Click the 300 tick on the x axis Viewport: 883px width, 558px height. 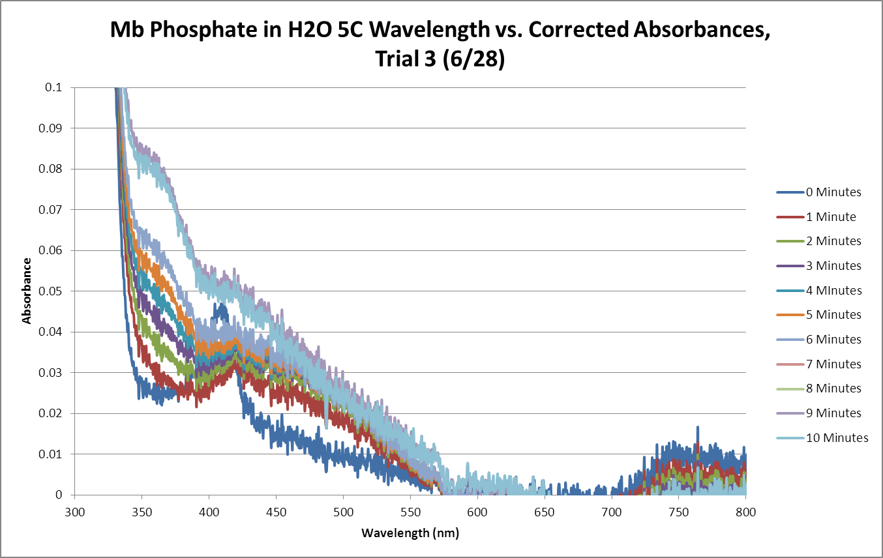(x=75, y=512)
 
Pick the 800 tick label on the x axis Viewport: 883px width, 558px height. (x=745, y=512)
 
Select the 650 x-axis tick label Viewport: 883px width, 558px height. (x=545, y=512)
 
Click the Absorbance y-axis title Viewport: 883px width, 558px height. (x=27, y=291)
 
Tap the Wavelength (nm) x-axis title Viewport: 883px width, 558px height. (x=410, y=533)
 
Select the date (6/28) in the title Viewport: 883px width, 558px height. (x=471, y=59)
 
